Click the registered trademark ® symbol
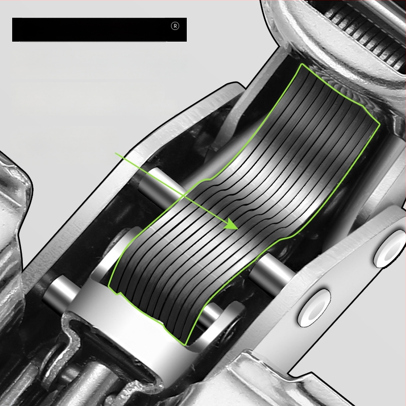coord(175,26)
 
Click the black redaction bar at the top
coord(99,29)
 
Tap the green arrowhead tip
coord(238,229)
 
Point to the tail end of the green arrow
coord(116,153)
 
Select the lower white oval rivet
coord(314,308)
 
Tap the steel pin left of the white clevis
coord(61,292)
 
